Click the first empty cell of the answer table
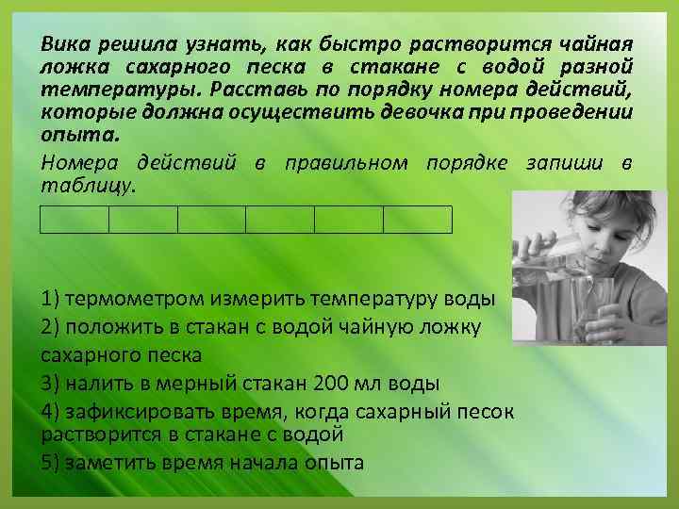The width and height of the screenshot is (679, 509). point(75,219)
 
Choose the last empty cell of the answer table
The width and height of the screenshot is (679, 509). point(418,219)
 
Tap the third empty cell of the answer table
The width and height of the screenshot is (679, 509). point(211,219)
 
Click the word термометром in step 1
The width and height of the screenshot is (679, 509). point(132,300)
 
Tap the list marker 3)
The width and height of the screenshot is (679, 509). point(51,383)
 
